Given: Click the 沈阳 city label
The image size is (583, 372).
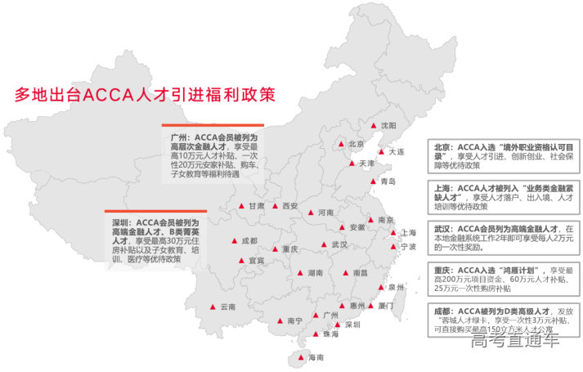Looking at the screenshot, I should pyautogui.click(x=388, y=125).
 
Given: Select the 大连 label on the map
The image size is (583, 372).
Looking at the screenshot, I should pyautogui.click(x=397, y=151).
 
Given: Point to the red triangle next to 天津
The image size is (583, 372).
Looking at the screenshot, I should pyautogui.click(x=352, y=164).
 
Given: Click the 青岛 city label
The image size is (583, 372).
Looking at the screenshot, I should pyautogui.click(x=388, y=182).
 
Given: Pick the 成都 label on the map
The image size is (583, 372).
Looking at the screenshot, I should pyautogui.click(x=249, y=241).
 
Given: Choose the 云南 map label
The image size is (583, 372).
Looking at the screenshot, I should pyautogui.click(x=227, y=307).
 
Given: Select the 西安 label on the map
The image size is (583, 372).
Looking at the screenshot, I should pyautogui.click(x=289, y=206).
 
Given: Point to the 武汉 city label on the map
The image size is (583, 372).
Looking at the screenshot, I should pyautogui.click(x=339, y=244).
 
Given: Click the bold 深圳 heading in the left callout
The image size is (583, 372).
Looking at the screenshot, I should pyautogui.click(x=120, y=222).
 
